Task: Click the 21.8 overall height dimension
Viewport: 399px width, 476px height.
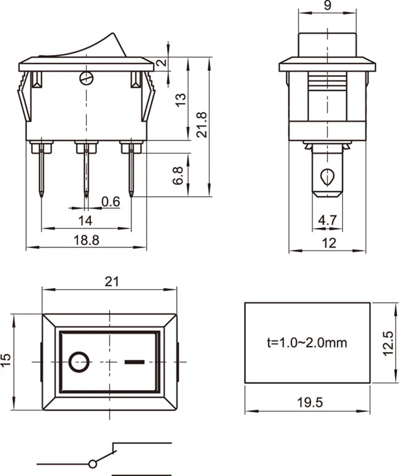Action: point(201,125)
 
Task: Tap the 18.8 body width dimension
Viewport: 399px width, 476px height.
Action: point(87,240)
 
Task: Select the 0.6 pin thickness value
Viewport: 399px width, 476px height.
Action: point(111,201)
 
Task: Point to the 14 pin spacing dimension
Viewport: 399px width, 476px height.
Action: point(85,220)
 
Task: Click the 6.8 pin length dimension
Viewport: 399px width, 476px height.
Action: point(178,175)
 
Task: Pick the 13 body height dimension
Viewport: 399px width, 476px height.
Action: point(181,100)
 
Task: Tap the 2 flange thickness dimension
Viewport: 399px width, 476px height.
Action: point(162,63)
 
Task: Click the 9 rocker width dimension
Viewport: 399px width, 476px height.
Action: point(328,5)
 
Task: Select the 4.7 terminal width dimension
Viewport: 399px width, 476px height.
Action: point(327,220)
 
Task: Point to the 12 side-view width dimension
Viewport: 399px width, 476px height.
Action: point(329,243)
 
